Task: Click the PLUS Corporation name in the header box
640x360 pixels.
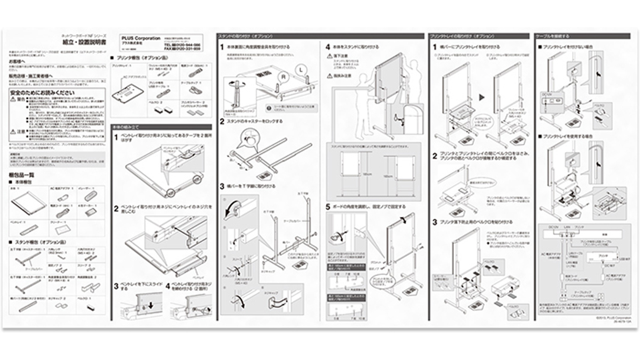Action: (141, 38)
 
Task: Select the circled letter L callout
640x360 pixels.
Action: (301, 70)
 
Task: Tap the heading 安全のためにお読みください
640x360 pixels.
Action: (42, 92)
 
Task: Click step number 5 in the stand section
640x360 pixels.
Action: (328, 207)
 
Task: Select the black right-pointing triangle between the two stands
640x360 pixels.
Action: (482, 97)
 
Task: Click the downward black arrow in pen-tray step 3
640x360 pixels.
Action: (151, 305)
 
